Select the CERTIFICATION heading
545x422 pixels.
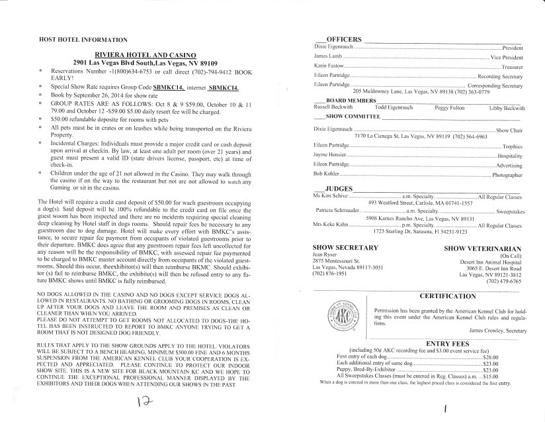[x=448, y=295]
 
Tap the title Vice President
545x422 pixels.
[x=507, y=58]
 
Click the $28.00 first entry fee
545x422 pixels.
[x=489, y=357]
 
